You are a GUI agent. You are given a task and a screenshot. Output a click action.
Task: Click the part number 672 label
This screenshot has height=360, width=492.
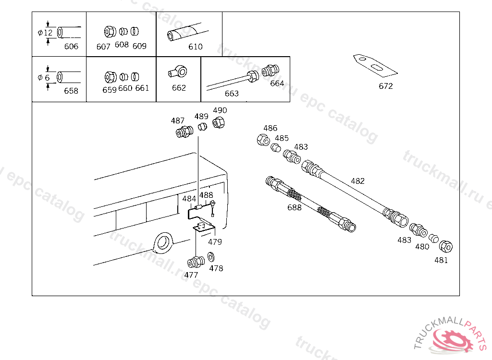pyautogui.click(x=386, y=86)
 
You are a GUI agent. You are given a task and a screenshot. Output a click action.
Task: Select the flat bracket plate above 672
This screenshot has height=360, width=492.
pyautogui.click(x=375, y=66)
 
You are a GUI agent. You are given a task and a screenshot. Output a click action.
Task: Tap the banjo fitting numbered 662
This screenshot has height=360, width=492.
pyautogui.click(x=178, y=72)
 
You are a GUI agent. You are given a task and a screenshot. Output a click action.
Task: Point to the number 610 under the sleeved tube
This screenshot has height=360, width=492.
pyautogui.click(x=195, y=47)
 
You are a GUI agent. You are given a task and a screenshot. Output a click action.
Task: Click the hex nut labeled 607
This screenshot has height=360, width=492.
pyautogui.click(x=110, y=32)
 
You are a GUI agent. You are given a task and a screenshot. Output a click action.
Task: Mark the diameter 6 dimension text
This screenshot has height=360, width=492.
pyautogui.click(x=44, y=78)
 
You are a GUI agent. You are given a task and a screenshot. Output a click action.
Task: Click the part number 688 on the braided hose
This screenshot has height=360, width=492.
pyautogui.click(x=295, y=207)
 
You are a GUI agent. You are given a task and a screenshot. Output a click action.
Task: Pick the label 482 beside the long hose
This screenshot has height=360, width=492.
pyautogui.click(x=357, y=181)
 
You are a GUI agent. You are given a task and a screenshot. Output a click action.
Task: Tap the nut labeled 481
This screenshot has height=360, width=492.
pyautogui.click(x=445, y=246)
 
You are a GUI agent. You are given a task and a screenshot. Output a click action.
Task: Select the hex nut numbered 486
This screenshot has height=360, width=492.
pyautogui.click(x=263, y=140)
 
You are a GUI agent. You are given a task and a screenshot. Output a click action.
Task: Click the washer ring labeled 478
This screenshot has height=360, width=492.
pyautogui.click(x=211, y=257)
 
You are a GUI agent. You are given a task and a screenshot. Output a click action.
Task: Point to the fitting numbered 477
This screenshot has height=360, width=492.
pyautogui.click(x=196, y=262)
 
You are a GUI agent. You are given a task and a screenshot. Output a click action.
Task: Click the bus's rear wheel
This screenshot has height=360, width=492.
pyautogui.click(x=163, y=242)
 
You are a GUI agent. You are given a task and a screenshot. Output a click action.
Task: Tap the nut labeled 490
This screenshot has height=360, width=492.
pyautogui.click(x=219, y=122)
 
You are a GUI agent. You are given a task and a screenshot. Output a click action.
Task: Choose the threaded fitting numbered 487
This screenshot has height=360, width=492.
pyautogui.click(x=184, y=132)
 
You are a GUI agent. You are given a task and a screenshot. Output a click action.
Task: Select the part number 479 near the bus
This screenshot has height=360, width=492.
pyautogui.click(x=215, y=242)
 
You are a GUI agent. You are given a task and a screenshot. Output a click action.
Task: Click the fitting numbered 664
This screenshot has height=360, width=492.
pyautogui.click(x=271, y=71)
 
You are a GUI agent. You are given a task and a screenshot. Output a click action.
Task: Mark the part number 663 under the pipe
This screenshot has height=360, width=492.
pyautogui.click(x=232, y=94)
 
